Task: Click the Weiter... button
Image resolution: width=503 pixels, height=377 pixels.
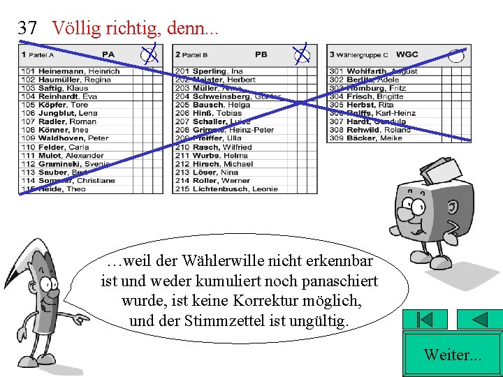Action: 452,355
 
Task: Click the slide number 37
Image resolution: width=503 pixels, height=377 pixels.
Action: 27,28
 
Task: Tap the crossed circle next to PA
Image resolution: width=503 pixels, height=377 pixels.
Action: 149,54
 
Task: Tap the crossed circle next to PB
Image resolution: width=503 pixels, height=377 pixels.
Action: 301,54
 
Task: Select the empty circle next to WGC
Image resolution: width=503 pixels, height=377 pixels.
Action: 455,55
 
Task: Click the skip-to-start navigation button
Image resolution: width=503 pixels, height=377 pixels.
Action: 424,320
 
